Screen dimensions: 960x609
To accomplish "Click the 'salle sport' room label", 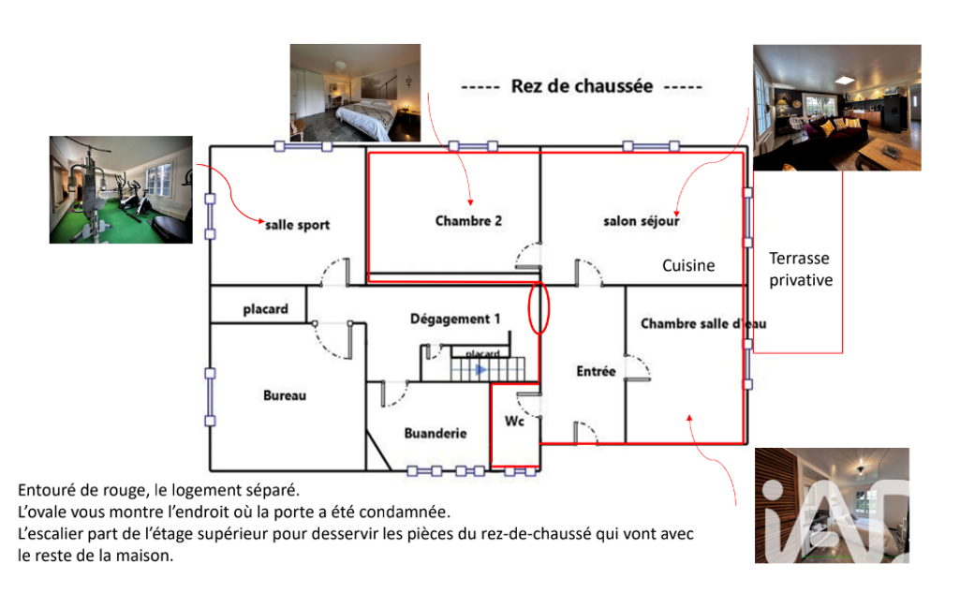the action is point(297,225).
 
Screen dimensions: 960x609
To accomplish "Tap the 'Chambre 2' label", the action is point(468,220).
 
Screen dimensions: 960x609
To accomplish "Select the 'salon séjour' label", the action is point(642,221).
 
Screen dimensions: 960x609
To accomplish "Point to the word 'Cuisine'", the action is point(688,265).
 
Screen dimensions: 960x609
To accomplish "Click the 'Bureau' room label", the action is point(285,395).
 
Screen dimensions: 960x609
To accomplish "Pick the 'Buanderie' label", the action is point(436,433).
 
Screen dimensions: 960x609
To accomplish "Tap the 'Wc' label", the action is point(514,421).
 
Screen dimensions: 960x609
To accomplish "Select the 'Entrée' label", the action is point(596,371).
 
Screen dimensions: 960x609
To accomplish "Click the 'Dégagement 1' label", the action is point(455,319).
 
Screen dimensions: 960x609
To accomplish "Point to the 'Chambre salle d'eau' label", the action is point(703,323).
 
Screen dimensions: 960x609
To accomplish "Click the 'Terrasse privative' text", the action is point(801,269).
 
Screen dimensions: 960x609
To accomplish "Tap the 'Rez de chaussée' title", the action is point(582,86).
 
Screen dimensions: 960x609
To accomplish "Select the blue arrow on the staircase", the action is point(480,370).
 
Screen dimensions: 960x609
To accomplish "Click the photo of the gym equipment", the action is point(121,190).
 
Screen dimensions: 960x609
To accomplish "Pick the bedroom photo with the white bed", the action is point(355,93).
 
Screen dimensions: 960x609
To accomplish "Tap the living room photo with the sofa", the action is point(837,107).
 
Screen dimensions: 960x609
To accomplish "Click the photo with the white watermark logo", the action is point(832,505).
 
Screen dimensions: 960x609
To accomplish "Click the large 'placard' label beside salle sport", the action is point(265,309).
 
